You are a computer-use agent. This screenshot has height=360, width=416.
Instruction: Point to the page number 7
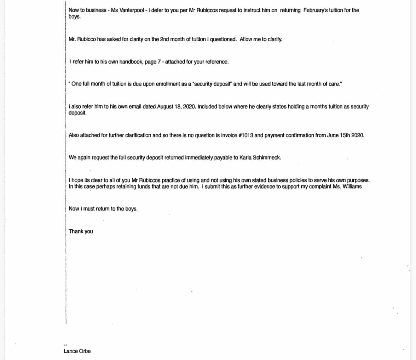159,62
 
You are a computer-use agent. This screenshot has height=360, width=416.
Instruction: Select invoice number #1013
245,135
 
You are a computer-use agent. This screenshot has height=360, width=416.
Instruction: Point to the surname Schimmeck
267,157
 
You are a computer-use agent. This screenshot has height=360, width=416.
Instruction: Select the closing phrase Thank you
81,231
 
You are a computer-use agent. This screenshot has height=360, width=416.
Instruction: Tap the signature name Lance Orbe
77,351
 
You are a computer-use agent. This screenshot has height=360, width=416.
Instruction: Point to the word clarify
275,39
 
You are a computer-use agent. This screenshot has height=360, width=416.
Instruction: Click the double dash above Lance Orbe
66,345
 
